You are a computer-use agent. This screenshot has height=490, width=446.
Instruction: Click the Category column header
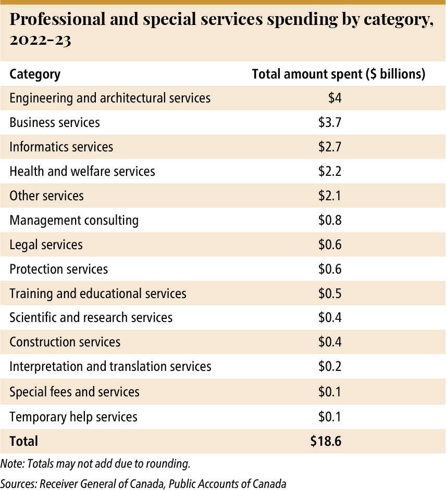click(x=35, y=74)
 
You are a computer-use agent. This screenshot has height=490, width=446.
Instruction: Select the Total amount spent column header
click(x=339, y=74)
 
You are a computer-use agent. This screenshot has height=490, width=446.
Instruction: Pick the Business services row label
click(x=55, y=123)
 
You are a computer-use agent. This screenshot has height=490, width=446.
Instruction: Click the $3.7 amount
click(x=330, y=123)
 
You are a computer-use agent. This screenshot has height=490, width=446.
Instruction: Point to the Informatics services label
click(x=61, y=147)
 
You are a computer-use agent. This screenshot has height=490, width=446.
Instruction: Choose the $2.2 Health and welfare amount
click(x=330, y=171)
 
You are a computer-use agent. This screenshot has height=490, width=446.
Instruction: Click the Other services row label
click(x=46, y=196)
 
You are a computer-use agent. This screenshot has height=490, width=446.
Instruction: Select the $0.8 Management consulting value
click(x=330, y=221)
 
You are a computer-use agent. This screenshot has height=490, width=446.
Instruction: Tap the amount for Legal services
click(x=330, y=244)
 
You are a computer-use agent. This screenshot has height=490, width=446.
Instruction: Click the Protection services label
click(x=58, y=269)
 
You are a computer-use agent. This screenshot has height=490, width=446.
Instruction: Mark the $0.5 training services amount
click(x=330, y=293)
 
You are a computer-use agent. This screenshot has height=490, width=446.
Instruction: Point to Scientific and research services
click(x=91, y=317)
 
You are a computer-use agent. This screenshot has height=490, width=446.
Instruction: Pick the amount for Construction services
click(x=330, y=342)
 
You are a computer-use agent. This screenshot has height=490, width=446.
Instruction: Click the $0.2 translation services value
click(x=330, y=367)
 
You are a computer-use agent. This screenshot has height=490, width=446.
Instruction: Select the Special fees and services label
click(x=75, y=392)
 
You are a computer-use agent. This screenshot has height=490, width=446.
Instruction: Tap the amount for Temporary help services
click(x=330, y=417)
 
